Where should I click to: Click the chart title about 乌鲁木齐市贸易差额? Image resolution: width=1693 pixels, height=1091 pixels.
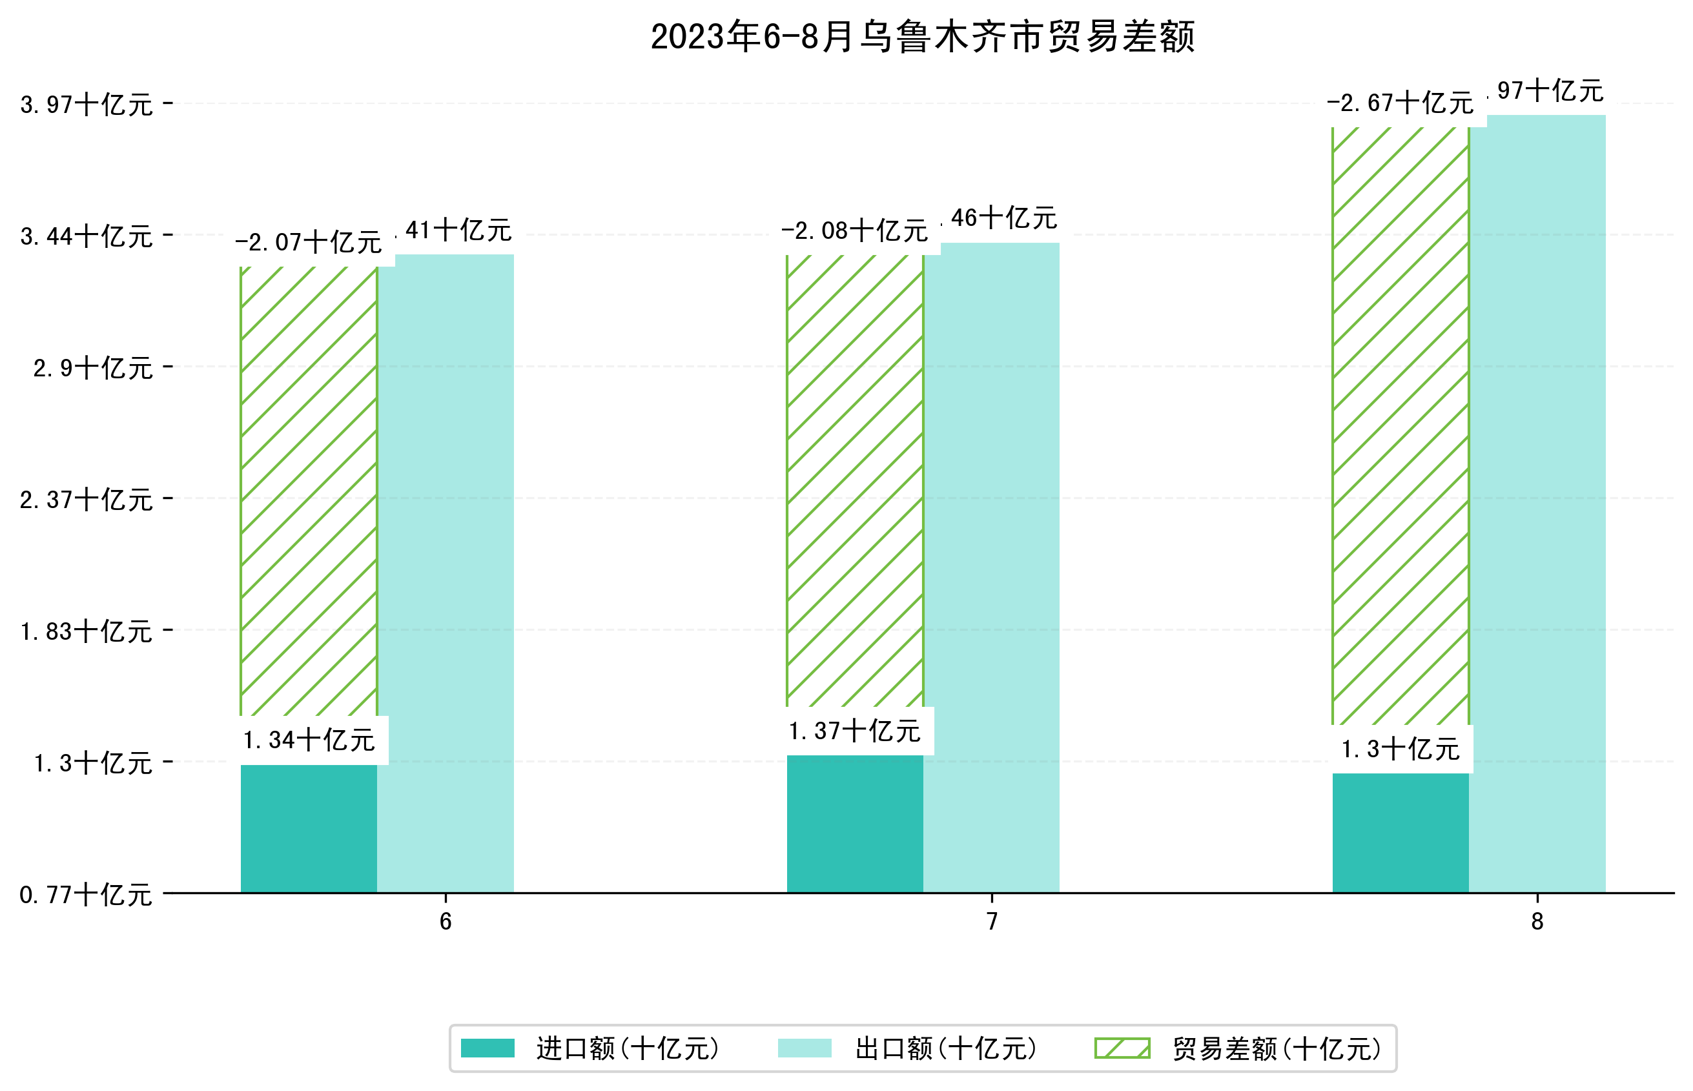point(922,37)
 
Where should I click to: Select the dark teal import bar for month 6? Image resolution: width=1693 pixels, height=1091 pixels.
point(309,828)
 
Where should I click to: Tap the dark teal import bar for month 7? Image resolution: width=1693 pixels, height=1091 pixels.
point(854,823)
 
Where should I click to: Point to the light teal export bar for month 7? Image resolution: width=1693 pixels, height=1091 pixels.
point(990,567)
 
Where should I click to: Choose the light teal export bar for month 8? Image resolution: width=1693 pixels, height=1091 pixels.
point(1537,503)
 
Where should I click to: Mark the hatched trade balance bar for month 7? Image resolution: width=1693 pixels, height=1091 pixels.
point(854,482)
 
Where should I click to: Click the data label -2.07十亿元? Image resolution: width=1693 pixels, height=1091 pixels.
point(308,243)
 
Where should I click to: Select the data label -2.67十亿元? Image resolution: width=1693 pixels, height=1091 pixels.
point(1400,103)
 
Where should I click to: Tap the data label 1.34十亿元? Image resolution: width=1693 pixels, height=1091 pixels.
point(309,740)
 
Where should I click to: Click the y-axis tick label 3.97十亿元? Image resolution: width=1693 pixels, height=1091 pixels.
point(87,105)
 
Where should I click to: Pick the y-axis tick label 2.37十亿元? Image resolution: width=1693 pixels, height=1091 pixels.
point(87,500)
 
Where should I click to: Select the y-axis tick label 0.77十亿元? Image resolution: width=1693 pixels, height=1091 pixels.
point(87,895)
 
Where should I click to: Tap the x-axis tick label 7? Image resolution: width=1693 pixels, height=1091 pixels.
point(992,922)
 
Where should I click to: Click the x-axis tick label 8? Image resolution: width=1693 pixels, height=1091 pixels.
point(1537,922)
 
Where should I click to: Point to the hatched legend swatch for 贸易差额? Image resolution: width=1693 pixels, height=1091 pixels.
point(1122,1048)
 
